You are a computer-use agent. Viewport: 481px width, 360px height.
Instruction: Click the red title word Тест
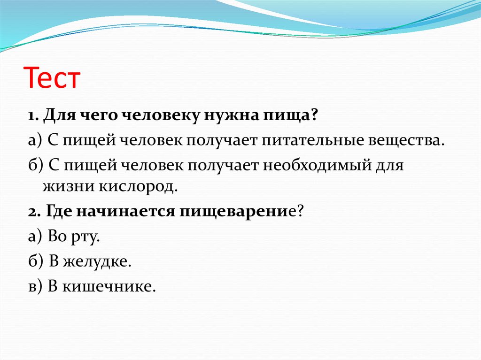point(52,78)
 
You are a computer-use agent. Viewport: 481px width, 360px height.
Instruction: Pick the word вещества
point(415,141)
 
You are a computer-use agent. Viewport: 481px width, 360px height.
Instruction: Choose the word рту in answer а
point(86,237)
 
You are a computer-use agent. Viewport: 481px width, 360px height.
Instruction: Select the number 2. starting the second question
point(33,211)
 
